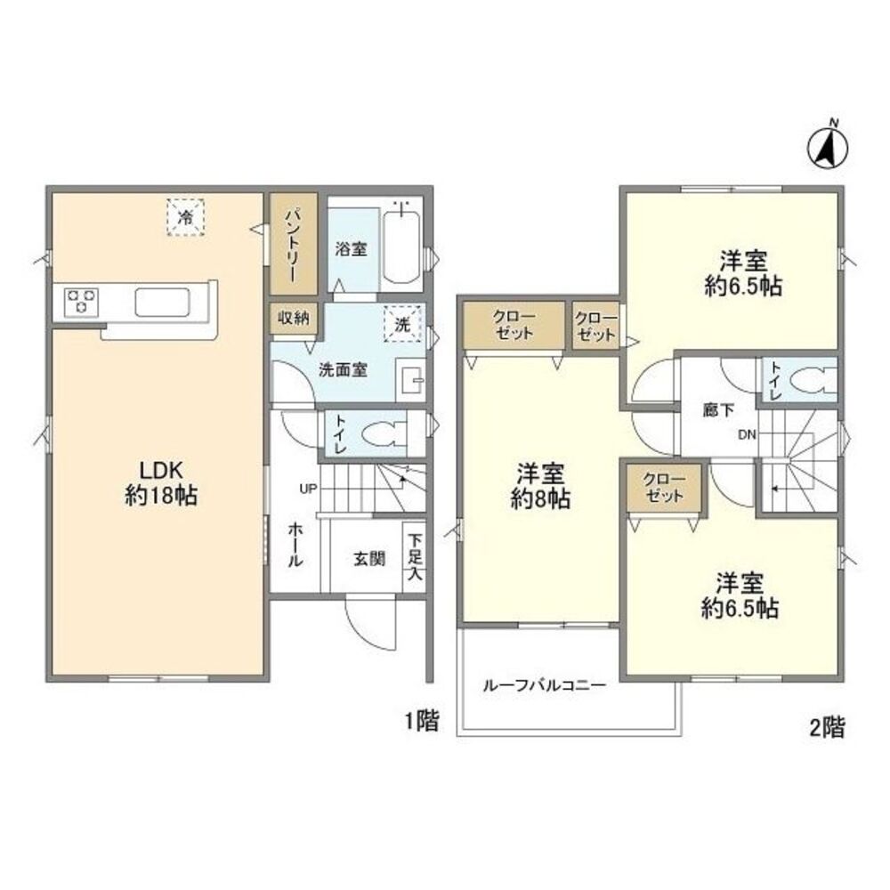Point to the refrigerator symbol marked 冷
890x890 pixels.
(x=186, y=216)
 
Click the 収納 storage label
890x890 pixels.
(x=292, y=319)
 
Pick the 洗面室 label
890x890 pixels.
(x=344, y=369)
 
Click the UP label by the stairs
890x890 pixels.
(x=308, y=489)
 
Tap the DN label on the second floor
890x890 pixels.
(x=747, y=434)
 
